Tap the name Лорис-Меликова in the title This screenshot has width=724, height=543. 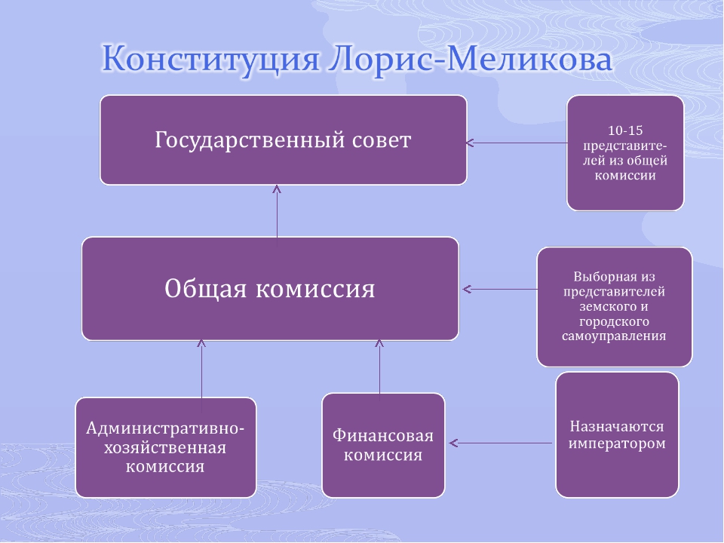[470, 58]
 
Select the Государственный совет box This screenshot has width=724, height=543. [284, 140]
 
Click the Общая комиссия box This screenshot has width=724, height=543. [270, 289]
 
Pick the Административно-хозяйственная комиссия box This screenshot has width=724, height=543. [166, 447]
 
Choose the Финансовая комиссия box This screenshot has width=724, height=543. [383, 446]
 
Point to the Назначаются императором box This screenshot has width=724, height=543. [617, 435]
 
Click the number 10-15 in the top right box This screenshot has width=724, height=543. [625, 130]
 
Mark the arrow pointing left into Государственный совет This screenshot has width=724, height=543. [517, 143]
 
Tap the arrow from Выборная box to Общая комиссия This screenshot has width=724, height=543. [500, 290]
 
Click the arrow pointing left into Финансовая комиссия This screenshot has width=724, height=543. [501, 443]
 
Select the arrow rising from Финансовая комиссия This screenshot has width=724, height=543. [379, 367]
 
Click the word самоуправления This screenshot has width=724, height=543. [614, 336]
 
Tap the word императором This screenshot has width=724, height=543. [617, 443]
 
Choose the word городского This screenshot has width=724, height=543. [614, 321]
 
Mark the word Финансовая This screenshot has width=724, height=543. [383, 436]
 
